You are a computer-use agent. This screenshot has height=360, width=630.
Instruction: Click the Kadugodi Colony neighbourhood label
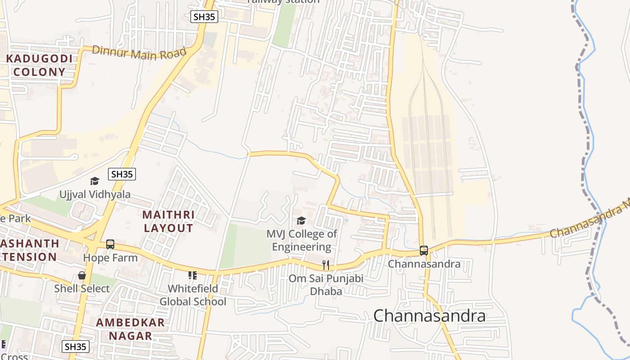point(39,65)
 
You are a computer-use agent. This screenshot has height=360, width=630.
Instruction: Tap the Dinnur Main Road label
point(139,52)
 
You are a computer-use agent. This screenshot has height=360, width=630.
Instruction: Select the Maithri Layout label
point(169,221)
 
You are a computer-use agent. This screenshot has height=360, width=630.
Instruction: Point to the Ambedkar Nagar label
point(130,329)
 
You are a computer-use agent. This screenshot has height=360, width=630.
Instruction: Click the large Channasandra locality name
point(429,316)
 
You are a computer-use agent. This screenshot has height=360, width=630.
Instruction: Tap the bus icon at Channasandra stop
point(423,251)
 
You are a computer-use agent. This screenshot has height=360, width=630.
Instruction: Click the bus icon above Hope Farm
point(110,244)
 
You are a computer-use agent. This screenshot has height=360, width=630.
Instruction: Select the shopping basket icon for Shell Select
point(82,275)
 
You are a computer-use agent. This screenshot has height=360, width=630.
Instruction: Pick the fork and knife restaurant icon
point(326,265)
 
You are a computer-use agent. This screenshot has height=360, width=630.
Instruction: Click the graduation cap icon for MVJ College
point(301,220)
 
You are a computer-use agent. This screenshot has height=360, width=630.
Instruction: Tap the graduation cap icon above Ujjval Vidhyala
point(94,181)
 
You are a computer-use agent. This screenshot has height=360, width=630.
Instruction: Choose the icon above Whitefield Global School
point(193,275)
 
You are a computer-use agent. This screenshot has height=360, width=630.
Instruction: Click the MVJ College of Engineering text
point(301,240)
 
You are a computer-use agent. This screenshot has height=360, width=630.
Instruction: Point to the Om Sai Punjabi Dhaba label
point(326,285)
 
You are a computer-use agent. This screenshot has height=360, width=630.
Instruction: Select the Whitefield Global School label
point(193,295)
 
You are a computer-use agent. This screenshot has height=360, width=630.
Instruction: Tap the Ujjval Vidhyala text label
point(95,194)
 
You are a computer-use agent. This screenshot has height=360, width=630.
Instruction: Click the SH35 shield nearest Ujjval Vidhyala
point(121,174)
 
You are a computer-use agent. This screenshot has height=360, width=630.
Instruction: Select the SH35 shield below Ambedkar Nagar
point(75,346)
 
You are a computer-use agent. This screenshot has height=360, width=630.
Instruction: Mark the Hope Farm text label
point(110,258)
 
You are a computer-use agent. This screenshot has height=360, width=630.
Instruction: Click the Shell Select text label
point(82,288)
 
